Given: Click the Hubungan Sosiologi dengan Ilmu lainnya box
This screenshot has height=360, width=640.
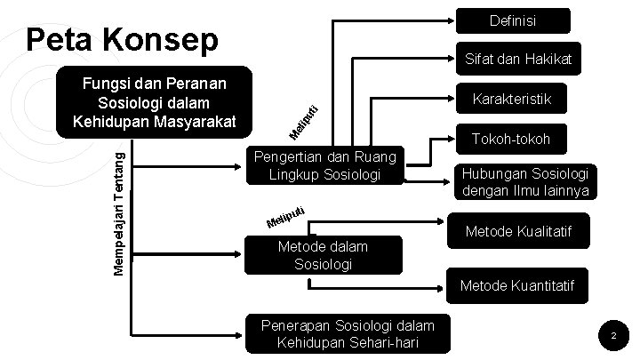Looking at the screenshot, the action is pyautogui.click(x=525, y=182).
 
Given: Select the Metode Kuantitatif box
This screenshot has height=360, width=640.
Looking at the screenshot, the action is pyautogui.click(x=517, y=285).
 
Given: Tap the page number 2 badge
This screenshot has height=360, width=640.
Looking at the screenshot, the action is pyautogui.click(x=612, y=336).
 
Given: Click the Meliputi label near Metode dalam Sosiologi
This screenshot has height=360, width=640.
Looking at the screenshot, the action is pyautogui.click(x=287, y=216).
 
